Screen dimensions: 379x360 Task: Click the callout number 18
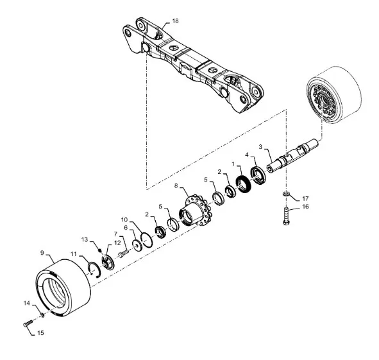click(175, 21)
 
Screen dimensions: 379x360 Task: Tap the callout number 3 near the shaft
click(260, 146)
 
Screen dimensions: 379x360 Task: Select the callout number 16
click(305, 207)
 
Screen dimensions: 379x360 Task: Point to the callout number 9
click(42, 253)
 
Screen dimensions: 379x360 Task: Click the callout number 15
click(40, 333)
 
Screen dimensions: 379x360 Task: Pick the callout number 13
click(85, 239)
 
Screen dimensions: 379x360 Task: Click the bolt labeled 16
click(286, 216)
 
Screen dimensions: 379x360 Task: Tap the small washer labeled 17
click(285, 194)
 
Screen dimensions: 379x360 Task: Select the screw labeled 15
click(28, 323)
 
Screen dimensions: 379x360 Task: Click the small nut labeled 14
click(42, 315)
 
